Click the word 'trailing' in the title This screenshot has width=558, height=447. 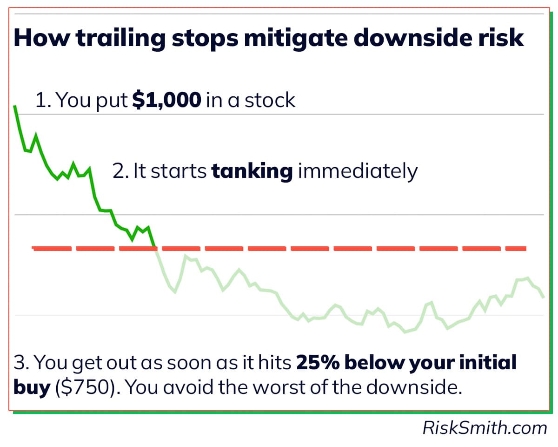pos(120,38)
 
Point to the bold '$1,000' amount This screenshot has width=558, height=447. pos(167,101)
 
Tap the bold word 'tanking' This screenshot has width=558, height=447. pos(252,171)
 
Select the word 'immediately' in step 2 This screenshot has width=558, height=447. pos(358,171)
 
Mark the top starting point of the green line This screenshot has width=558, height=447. pos(15,107)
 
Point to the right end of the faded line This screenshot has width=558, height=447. pos(543,297)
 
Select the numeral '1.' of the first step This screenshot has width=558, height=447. pos(43,101)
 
